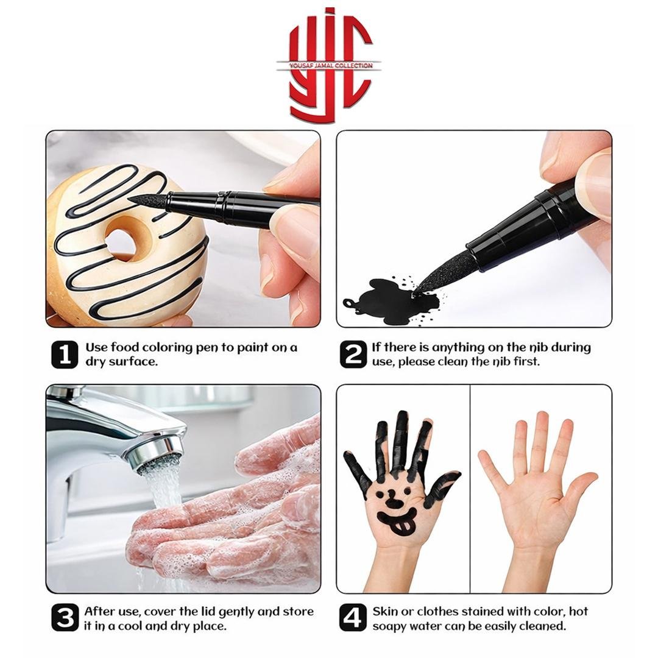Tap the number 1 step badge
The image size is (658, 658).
click(x=65, y=355)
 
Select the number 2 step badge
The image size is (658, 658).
click(x=353, y=355)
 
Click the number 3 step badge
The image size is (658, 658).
click(x=65, y=618)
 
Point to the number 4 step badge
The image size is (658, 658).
click(x=353, y=618)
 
